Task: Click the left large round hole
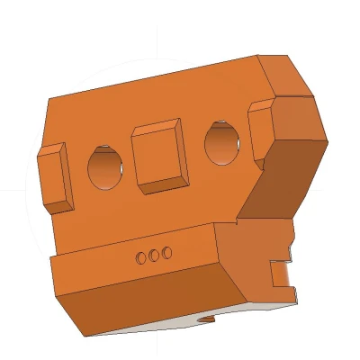tap(105, 167)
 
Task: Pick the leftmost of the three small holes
tap(141, 258)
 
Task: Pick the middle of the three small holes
tap(154, 256)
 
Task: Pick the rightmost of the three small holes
tap(166, 253)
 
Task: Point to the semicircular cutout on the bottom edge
tap(207, 319)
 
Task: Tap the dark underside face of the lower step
tap(153, 301)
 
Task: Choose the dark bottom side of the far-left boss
tap(59, 206)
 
